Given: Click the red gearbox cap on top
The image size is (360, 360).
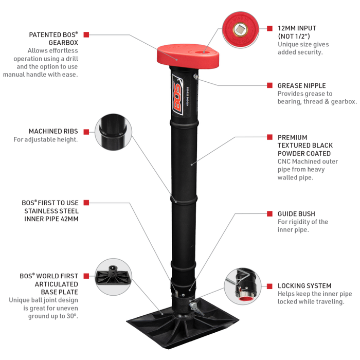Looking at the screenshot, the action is pos(188,56).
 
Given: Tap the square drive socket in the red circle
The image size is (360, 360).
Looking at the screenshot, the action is pos(240,29).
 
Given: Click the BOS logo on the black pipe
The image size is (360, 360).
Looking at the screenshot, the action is pos(178,95).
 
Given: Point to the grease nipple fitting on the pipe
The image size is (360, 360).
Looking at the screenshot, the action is pos(196,77).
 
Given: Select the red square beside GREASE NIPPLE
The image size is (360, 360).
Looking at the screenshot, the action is pos(270,85).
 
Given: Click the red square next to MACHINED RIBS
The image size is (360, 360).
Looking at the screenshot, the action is pos(86,132).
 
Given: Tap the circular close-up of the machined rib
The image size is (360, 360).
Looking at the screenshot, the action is pos(114,132).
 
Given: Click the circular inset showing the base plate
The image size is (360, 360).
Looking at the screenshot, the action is pos(114,277).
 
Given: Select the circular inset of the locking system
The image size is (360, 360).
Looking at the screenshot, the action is pos(243,286).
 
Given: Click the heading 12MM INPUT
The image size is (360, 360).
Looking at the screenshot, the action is pos(297,28).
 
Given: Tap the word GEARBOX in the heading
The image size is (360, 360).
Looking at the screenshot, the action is pos(63,43).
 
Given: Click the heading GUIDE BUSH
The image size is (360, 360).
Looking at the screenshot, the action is pos(296,214).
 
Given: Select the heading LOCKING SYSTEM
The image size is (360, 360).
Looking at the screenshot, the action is pos(304,285).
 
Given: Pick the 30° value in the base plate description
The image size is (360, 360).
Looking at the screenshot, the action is pos(72,316).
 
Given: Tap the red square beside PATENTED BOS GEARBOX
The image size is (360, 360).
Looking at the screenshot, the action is pos(86,34).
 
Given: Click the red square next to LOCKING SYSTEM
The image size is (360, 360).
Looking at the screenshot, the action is pos(270,286).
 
